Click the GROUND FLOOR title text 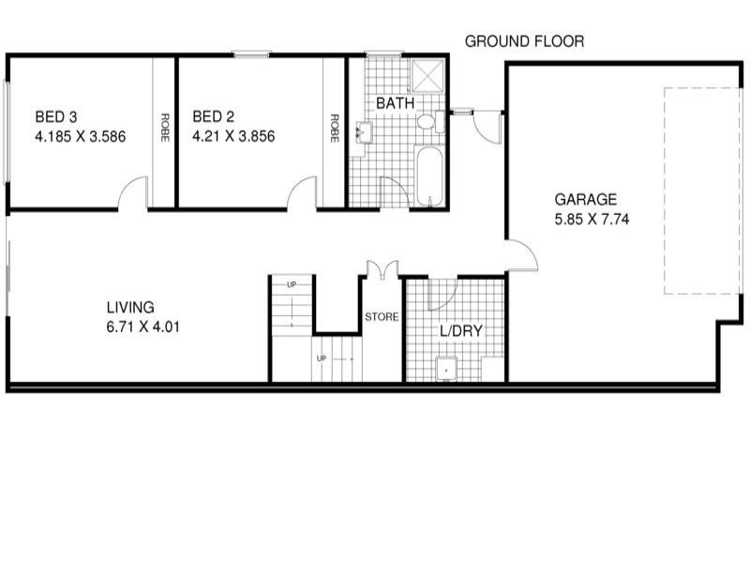[x=524, y=41]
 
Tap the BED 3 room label [x=56, y=117]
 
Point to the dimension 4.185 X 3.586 [x=81, y=136]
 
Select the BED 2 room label [x=214, y=117]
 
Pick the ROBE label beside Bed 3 [x=165, y=128]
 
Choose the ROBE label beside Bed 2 [x=335, y=128]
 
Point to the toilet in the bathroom [x=427, y=122]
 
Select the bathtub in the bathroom [x=429, y=175]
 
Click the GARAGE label [x=585, y=199]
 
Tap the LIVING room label [x=130, y=307]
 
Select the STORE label [x=382, y=317]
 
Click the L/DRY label [x=461, y=330]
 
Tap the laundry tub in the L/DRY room [x=447, y=369]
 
